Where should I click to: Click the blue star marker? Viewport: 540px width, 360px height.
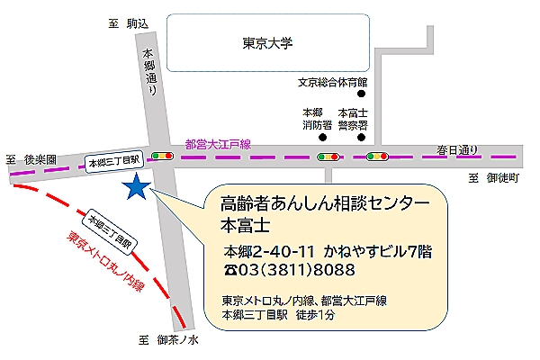(137, 187)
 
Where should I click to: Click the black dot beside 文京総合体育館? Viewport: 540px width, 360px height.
(363, 93)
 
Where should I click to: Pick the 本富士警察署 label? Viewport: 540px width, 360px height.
(353, 120)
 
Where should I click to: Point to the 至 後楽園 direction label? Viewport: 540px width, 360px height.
(31, 159)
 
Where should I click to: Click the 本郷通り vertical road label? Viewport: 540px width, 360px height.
(150, 71)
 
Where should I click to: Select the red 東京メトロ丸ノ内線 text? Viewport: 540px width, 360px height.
(105, 263)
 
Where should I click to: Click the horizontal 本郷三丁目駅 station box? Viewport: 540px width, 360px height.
(113, 161)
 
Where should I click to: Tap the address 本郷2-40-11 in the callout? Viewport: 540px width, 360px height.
(262, 250)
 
